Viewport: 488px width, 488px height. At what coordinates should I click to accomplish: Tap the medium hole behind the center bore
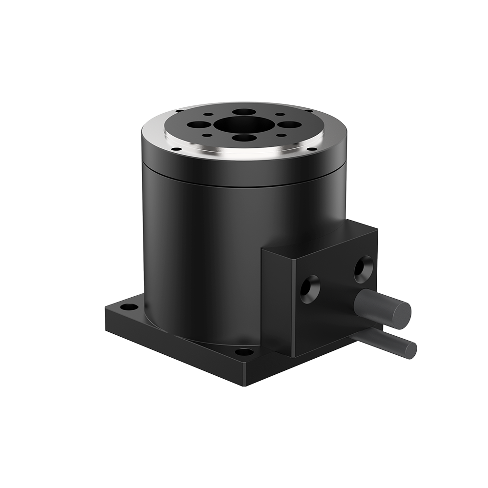pyautogui.click(x=244, y=112)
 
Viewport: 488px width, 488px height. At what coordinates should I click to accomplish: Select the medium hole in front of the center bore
pyautogui.click(x=243, y=138)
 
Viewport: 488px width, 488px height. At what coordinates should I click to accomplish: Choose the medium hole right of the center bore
pyautogui.click(x=289, y=124)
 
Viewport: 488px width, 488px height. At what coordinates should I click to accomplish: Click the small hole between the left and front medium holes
pyautogui.click(x=208, y=135)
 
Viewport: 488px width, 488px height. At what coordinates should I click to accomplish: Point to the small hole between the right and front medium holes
pyautogui.click(x=280, y=135)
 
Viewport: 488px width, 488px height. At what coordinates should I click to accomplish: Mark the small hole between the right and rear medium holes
pyautogui.click(x=280, y=115)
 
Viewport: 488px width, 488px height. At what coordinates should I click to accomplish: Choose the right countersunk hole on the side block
pyautogui.click(x=363, y=268)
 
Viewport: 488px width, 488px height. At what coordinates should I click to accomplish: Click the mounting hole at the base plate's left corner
pyautogui.click(x=129, y=307)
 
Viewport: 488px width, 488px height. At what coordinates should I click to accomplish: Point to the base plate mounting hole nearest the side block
pyautogui.click(x=244, y=351)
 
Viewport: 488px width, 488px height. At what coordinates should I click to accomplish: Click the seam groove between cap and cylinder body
pyautogui.click(x=244, y=186)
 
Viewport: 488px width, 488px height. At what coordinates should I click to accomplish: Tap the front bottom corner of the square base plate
pyautogui.click(x=243, y=383)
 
